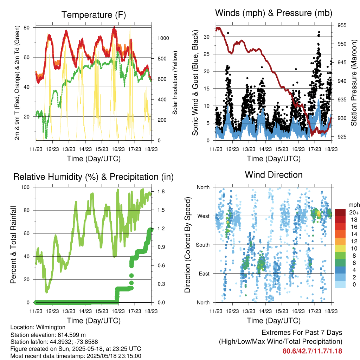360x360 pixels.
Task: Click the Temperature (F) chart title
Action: tap(94, 15)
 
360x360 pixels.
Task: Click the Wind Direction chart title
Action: tap(274, 175)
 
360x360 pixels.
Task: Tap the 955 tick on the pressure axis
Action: tap(342, 25)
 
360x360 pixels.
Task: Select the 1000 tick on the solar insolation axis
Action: tap(163, 38)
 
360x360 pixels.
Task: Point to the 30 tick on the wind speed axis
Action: tap(206, 37)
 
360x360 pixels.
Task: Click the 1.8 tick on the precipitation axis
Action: tap(161, 192)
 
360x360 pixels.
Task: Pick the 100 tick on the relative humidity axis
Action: tap(25, 187)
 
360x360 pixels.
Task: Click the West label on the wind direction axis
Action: tap(204, 216)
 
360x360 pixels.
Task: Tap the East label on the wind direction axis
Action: tap(204, 274)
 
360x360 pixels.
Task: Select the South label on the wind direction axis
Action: tap(203, 245)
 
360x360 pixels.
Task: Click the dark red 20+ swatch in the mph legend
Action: tap(340, 212)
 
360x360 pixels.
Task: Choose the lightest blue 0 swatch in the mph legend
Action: tap(340, 284)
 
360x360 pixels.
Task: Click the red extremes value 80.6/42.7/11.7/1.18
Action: tap(312, 351)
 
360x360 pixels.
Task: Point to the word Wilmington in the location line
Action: tap(51, 327)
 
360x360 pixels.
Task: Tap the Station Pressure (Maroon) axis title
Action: tap(354, 83)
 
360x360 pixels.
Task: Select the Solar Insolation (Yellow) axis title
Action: tap(175, 83)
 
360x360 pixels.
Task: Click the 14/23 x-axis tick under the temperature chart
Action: tap(85, 149)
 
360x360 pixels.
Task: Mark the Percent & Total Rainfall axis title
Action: tap(13, 245)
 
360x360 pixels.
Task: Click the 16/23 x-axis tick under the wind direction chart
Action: tap(298, 311)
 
